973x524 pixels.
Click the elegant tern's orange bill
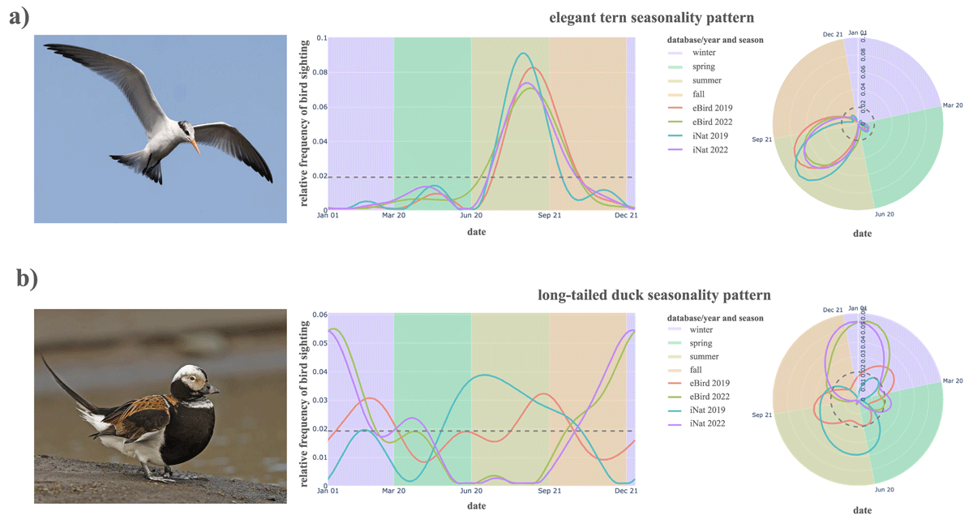tap(195, 147)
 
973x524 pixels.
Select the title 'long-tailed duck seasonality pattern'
tap(654, 294)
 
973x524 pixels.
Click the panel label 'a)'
tap(25, 17)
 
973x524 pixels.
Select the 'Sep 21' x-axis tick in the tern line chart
tap(549, 216)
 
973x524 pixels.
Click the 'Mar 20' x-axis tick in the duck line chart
tap(394, 492)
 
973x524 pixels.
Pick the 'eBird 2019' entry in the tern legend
tap(712, 108)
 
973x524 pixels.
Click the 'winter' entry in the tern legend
tap(703, 53)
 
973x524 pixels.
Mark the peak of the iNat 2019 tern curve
tap(524, 54)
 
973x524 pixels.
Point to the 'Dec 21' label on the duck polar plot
tap(833, 310)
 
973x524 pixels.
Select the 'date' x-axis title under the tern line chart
tap(477, 232)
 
